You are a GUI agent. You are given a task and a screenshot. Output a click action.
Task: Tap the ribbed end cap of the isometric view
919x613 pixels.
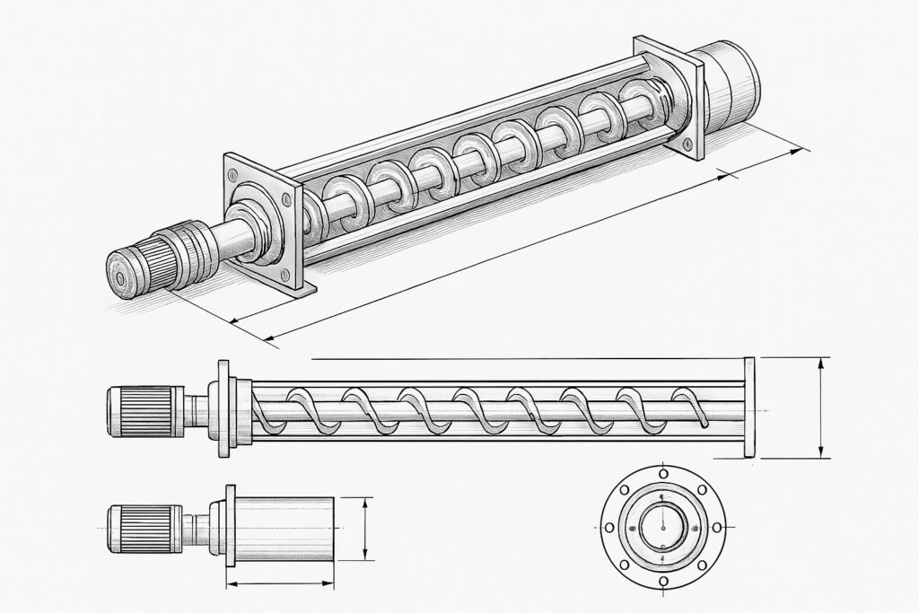(128, 268)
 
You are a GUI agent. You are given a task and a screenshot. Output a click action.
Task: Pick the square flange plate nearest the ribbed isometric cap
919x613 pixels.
(261, 223)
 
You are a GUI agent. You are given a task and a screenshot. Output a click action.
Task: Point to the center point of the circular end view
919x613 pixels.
(663, 527)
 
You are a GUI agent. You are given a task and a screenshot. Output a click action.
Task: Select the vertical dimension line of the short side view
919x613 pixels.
(365, 529)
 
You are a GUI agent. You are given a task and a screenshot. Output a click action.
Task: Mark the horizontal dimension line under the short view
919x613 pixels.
(280, 584)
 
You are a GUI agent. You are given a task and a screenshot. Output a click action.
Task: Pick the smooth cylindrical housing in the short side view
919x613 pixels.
(284, 530)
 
